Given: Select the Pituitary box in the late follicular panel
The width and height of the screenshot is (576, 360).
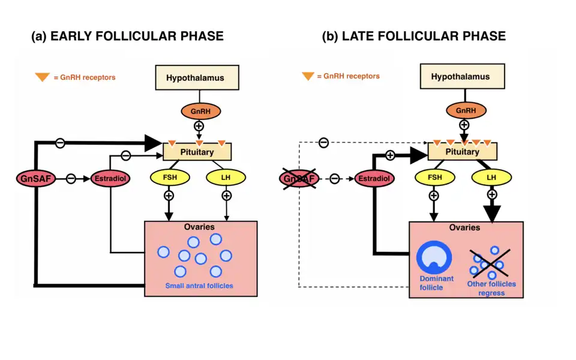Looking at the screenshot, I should pos(462,152).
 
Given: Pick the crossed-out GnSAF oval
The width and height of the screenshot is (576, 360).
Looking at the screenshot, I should pos(299,178).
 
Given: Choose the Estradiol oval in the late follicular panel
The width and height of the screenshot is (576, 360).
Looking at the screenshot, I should pos(374,178).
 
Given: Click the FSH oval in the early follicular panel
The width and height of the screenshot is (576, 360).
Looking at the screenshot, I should pos(169,178).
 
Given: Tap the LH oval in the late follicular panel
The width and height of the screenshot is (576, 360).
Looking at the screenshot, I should pos(491,178).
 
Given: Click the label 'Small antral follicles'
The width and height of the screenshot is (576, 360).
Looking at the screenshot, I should pos(199,286).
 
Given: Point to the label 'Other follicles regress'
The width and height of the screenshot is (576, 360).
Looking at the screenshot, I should pos(491,289).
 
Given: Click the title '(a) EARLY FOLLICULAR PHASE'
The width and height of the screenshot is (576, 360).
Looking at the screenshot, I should pos(127,36).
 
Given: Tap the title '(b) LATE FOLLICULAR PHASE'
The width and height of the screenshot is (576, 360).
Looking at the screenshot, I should pos(414,36).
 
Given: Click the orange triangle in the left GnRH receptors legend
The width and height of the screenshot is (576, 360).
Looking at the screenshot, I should pos(43,77).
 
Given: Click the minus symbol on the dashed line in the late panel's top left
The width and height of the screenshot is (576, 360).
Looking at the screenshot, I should pos(323,142).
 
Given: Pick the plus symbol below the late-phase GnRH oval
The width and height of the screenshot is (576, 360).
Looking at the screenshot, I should pos(464,125).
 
